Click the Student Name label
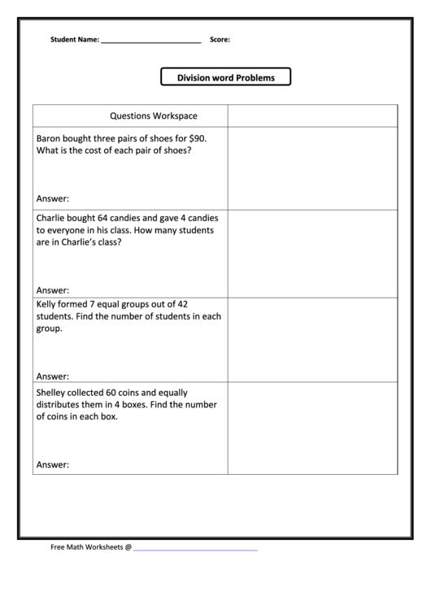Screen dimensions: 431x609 pyautogui.click(x=75, y=39)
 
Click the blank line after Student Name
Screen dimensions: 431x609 pyautogui.click(x=150, y=41)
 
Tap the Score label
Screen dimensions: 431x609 pyautogui.click(x=220, y=39)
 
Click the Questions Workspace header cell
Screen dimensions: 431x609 pyautogui.click(x=154, y=115)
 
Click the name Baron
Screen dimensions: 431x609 pyautogui.click(x=50, y=137)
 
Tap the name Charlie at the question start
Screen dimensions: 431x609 pyautogui.click(x=52, y=217)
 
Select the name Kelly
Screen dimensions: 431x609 pyautogui.click(x=48, y=305)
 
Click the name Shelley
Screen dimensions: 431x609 pyautogui.click(x=53, y=392)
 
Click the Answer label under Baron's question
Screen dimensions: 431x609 pyautogui.click(x=53, y=198)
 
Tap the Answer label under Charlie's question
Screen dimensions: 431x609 pyautogui.click(x=53, y=290)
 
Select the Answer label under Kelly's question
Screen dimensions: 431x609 pyautogui.click(x=53, y=376)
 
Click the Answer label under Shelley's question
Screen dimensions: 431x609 pyautogui.click(x=53, y=465)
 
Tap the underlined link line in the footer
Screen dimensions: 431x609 pyautogui.click(x=195, y=550)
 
